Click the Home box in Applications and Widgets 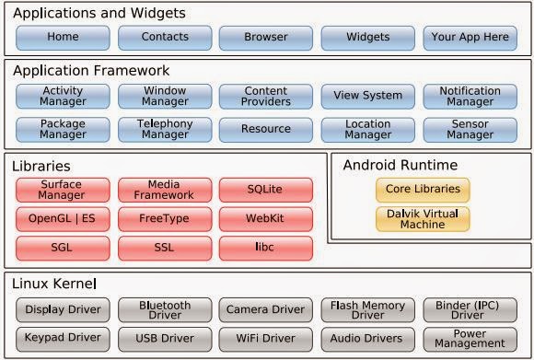point(63,38)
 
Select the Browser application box point(266,38)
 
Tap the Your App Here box point(470,38)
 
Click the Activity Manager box point(63,97)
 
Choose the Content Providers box point(266,97)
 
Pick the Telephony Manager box point(165,129)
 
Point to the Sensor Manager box point(470,129)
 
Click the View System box point(368,96)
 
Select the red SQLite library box point(266,190)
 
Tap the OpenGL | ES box point(63,219)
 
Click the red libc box point(266,249)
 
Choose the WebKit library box point(266,219)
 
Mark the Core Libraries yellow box point(423,190)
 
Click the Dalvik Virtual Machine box point(423,219)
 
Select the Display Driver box point(63,309)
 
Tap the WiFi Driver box point(266,338)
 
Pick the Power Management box point(470,338)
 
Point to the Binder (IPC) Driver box point(470,309)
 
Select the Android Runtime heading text point(400,166)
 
